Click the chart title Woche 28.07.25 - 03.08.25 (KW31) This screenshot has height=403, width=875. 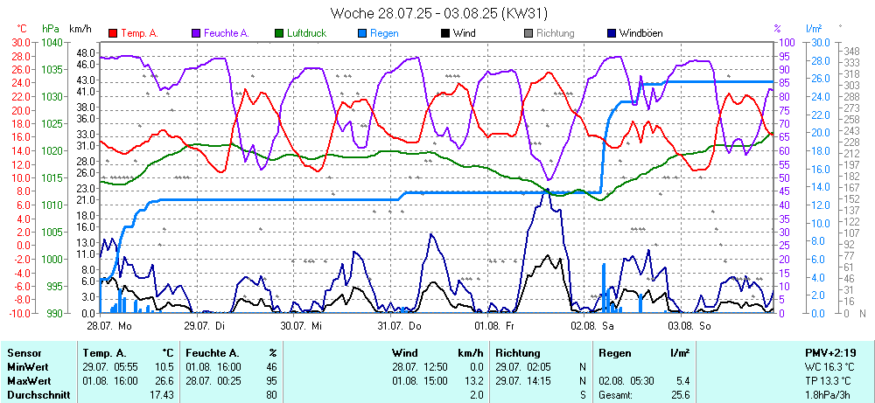point(438,13)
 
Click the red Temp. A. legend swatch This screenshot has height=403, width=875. point(113,33)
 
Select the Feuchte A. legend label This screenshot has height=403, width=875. point(227,33)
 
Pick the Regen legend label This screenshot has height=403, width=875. point(384,33)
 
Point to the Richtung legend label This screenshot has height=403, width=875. point(555,33)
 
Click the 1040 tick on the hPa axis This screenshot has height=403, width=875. point(52,42)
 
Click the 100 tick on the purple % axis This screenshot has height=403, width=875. point(787,42)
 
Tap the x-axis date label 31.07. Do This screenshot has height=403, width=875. point(400,325)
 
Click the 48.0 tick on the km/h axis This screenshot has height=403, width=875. point(85,53)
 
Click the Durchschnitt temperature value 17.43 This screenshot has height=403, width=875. point(162,395)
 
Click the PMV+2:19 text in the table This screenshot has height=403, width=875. point(829,352)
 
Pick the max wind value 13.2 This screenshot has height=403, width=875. point(472,381)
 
